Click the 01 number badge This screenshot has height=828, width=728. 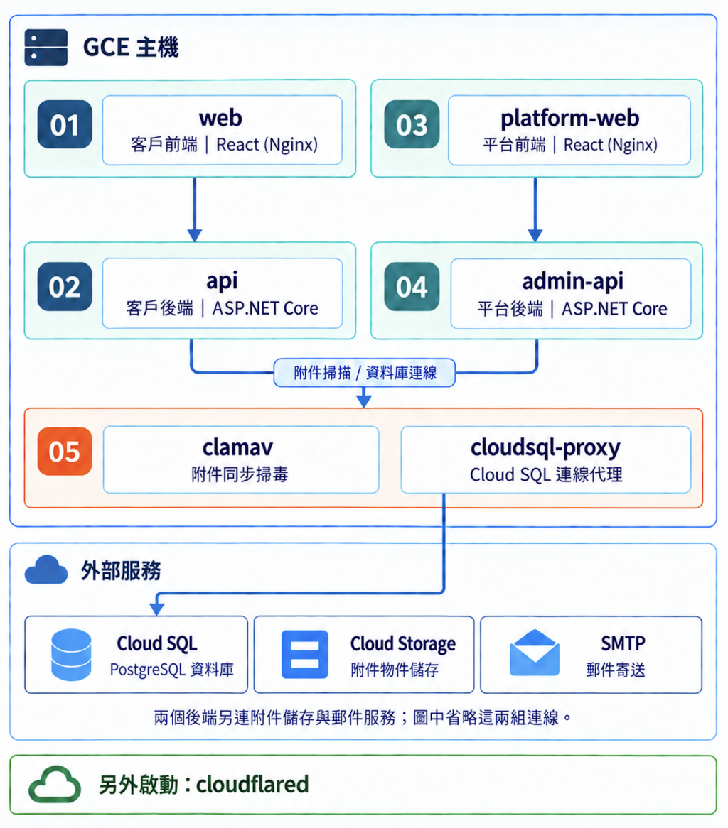click(65, 124)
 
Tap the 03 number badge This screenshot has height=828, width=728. click(412, 124)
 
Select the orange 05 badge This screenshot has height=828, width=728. click(65, 452)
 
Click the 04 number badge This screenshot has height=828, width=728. click(412, 287)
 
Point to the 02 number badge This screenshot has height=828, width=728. click(65, 287)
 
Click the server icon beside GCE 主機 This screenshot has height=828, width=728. click(46, 47)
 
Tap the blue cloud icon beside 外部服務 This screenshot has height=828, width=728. click(46, 570)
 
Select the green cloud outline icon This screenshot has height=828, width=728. click(55, 784)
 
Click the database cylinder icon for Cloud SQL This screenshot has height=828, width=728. click(71, 654)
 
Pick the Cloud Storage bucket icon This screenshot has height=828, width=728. click(304, 654)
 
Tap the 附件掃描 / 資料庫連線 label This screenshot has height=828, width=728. click(365, 373)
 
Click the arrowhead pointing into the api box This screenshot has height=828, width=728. click(195, 236)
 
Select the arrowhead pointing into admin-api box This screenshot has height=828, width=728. click(535, 236)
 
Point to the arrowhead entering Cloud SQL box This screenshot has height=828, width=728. click(157, 609)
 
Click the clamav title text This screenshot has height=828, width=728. click(238, 448)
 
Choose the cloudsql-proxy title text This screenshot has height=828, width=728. click(545, 449)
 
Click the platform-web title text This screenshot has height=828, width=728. click(570, 119)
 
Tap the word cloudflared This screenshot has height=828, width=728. click(252, 784)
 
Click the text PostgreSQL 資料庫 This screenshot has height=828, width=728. click(172, 670)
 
